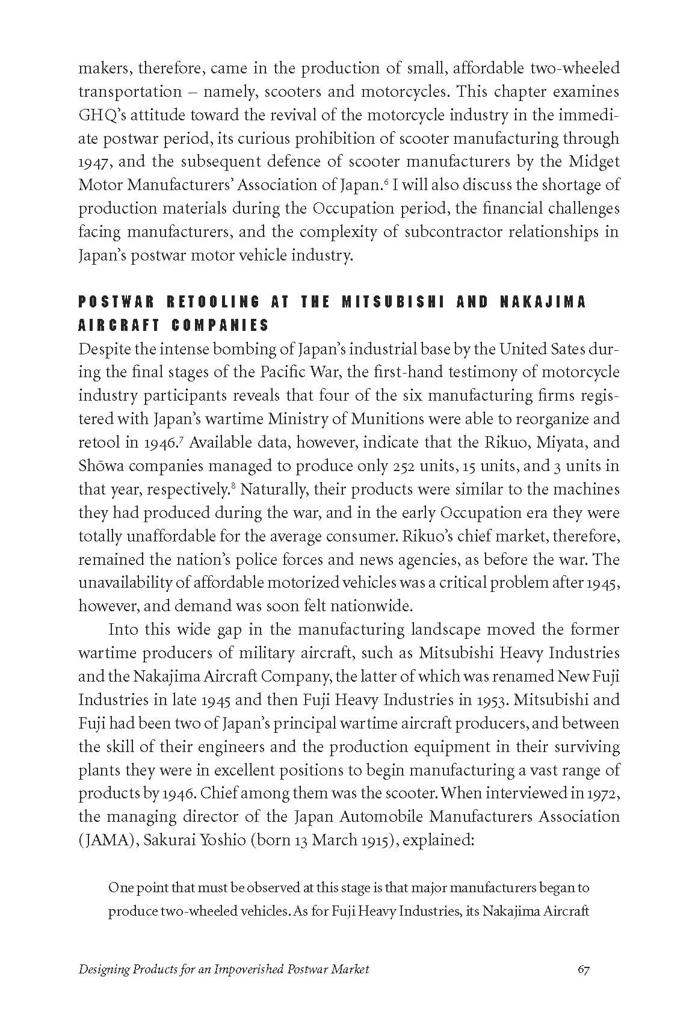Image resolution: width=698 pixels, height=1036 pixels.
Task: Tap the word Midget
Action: (596, 162)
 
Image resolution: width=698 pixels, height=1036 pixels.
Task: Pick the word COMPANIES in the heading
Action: (220, 326)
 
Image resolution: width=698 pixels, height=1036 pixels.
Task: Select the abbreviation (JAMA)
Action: (106, 840)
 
